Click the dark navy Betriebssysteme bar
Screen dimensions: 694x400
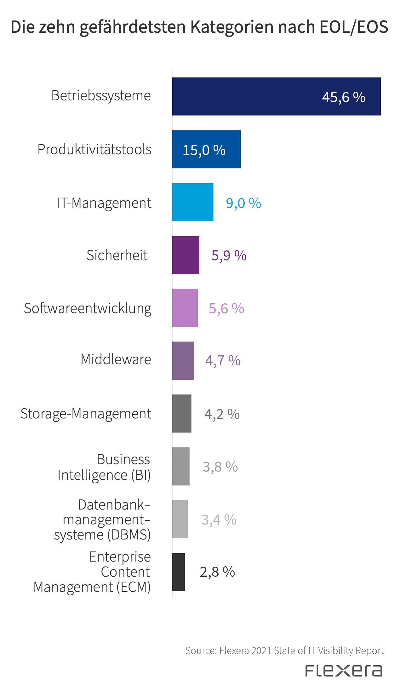276,96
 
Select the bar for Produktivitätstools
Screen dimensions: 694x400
206,149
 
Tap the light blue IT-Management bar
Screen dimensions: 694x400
192,202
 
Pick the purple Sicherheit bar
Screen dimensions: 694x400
186,255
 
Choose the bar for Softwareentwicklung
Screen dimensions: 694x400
185,308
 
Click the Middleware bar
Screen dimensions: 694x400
183,360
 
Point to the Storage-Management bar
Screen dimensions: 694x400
181,413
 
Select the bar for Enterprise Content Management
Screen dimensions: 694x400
178,572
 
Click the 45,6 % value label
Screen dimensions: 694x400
343,97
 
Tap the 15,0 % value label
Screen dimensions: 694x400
204,150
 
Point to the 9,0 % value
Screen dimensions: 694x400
243,203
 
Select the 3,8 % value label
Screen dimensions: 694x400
220,467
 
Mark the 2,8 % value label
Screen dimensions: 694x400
217,572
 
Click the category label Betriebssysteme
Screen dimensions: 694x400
101,96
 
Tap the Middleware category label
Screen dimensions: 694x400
116,359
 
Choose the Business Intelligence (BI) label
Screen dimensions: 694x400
104,467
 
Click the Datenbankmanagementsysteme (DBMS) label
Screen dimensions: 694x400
102,520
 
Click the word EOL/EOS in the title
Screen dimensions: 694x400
354,27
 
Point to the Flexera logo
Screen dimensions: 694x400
344,671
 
